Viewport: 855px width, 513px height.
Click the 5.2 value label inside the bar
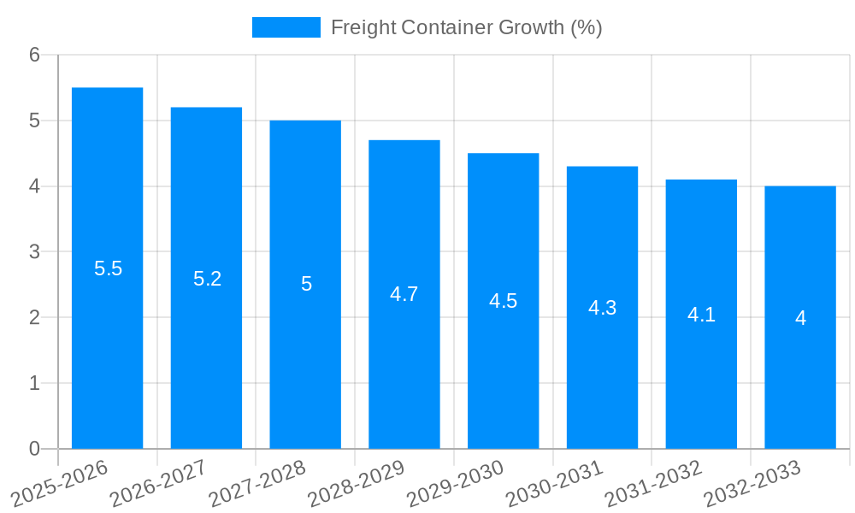coord(207,278)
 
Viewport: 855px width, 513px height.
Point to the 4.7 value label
coord(404,294)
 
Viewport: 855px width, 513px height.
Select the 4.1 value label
coord(701,314)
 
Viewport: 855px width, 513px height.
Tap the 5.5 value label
coord(108,268)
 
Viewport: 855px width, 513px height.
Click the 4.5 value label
coord(503,301)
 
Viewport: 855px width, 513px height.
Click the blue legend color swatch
coord(286,27)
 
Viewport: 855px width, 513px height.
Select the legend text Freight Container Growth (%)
coord(466,27)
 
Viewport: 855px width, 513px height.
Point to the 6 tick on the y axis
coord(34,55)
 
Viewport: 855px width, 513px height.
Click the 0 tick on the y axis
coord(34,449)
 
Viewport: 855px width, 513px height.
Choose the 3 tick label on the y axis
coord(34,252)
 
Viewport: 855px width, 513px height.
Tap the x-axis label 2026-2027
coord(159,481)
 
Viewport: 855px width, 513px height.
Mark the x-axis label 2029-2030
coord(456,481)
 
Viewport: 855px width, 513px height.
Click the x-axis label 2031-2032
coord(654,481)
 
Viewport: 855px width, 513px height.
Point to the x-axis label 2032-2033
coord(752,481)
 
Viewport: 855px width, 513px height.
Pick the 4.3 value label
coord(602,308)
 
